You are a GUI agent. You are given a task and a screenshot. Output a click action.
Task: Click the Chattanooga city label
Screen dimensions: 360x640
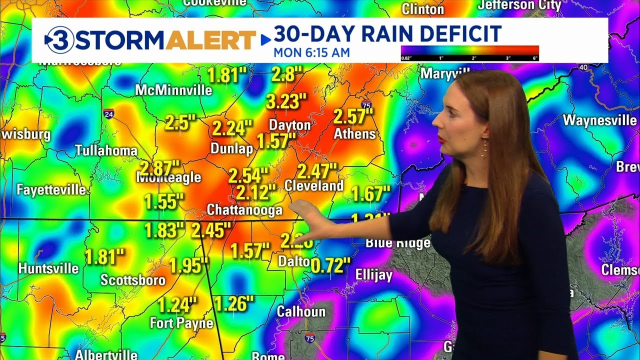244,210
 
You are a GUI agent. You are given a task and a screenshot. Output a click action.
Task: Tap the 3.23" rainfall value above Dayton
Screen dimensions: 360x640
285,101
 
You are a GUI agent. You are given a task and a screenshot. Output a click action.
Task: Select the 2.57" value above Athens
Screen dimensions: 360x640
353,116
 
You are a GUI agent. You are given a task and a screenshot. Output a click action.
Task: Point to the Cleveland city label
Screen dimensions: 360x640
314,186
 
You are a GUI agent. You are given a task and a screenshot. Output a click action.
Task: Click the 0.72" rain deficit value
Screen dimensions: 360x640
330,265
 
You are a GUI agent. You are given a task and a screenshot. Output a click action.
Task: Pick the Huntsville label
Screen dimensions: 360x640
48,268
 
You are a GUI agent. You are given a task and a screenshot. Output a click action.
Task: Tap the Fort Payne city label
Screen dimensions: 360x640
181,323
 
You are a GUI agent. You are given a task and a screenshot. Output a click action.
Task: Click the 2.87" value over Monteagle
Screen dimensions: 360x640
159,167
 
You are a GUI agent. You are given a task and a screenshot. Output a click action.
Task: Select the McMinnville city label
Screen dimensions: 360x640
173,90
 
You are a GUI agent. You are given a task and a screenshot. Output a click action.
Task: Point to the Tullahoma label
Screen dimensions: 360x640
106,150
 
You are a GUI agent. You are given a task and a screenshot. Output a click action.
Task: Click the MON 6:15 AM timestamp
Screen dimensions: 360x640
311,52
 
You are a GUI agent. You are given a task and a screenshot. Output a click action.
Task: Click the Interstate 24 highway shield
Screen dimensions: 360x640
108,114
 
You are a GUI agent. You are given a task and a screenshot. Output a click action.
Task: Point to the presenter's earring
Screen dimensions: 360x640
484,148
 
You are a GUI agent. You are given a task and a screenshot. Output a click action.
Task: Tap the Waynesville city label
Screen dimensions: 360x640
599,120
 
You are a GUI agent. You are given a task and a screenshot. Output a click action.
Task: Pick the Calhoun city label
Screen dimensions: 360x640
301,312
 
